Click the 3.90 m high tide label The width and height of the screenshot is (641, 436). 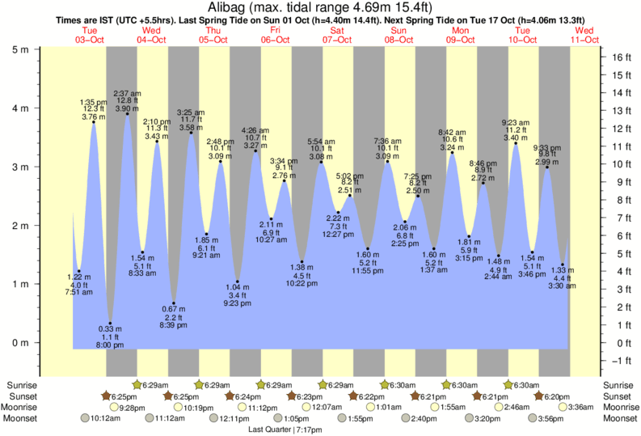127,108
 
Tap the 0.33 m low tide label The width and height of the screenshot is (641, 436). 110,329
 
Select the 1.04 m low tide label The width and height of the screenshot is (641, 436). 237,287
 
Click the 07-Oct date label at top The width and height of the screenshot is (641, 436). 335,40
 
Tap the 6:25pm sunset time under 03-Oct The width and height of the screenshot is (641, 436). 122,396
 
